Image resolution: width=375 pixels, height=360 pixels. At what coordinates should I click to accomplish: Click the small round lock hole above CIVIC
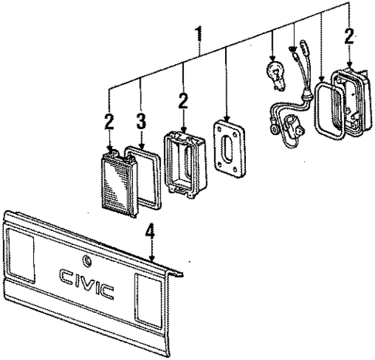click(x=84, y=259)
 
